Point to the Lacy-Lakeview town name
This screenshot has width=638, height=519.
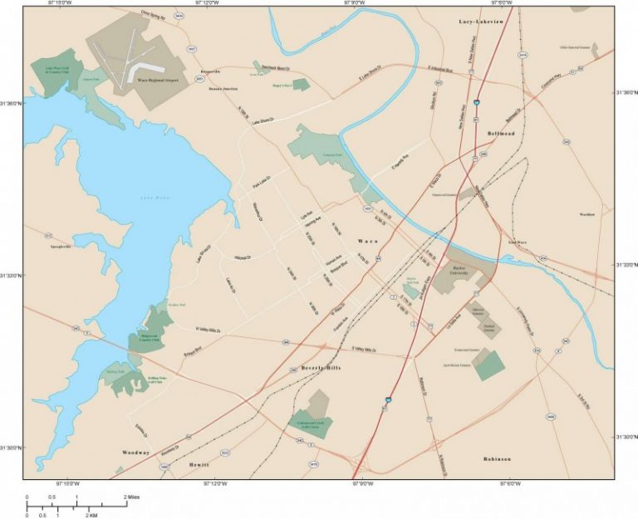click(482, 22)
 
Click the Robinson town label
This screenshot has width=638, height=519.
click(497, 458)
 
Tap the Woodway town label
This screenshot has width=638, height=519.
click(136, 453)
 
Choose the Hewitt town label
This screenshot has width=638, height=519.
click(199, 463)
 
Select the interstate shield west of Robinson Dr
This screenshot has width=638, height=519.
click(388, 401)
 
